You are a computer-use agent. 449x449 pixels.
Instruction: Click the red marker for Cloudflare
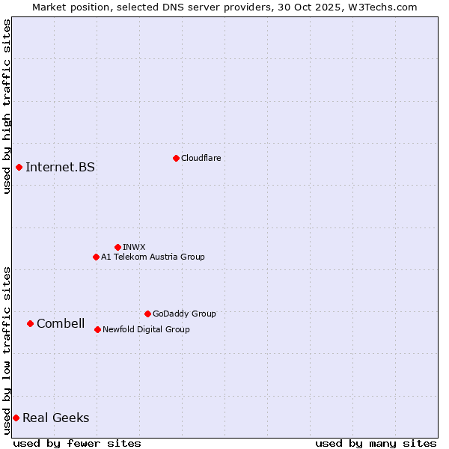(176, 158)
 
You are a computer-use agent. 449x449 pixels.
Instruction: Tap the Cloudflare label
(201, 158)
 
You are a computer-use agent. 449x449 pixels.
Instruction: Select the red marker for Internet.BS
(19, 167)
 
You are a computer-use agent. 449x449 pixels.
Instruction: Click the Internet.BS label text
(60, 167)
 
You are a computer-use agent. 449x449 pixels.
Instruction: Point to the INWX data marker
(117, 247)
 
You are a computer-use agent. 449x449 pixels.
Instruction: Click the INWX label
(134, 247)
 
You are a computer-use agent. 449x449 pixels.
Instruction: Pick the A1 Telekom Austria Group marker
(96, 257)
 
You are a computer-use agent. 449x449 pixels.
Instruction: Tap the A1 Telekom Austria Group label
(153, 257)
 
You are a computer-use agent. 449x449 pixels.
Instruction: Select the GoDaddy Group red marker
(147, 314)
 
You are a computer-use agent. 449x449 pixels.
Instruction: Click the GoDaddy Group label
(184, 314)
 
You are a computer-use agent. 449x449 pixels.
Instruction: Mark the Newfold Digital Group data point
(97, 329)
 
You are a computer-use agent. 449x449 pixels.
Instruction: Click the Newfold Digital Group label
(146, 329)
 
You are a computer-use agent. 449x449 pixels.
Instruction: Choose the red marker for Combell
(30, 323)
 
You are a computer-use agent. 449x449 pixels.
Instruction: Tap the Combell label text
(61, 323)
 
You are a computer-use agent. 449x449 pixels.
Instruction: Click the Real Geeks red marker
(16, 418)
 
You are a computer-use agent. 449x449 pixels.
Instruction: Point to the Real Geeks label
(56, 418)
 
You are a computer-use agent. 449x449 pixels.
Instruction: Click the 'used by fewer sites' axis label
(77, 443)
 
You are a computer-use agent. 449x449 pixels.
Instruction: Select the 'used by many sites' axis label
(376, 443)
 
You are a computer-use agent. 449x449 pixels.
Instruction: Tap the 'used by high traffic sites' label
(7, 106)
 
